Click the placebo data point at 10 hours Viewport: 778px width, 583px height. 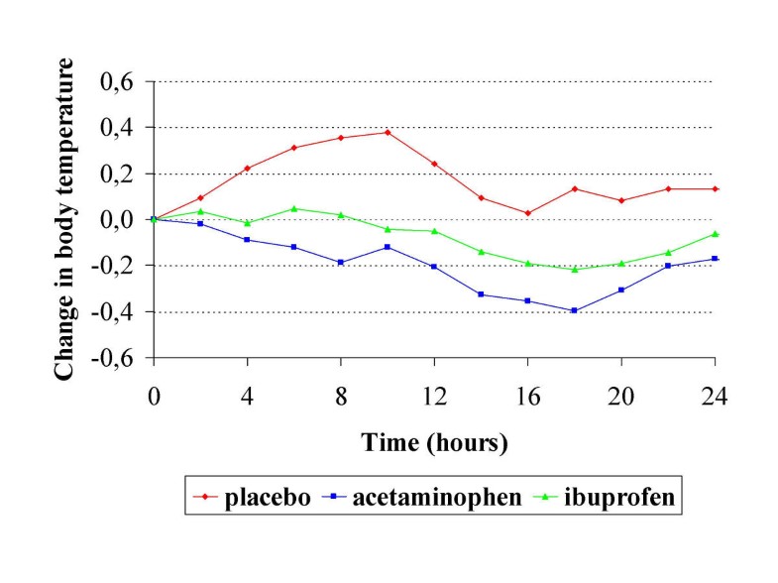tap(388, 132)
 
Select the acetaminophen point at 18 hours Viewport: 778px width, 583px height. tap(575, 310)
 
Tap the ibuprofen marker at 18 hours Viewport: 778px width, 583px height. tap(575, 270)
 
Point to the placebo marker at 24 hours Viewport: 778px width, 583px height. tap(716, 188)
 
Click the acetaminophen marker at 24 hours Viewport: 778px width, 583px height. tap(716, 259)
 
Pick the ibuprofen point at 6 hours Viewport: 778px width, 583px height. tap(294, 208)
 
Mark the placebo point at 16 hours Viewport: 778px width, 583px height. tap(528, 213)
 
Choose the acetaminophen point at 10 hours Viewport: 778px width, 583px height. tap(388, 247)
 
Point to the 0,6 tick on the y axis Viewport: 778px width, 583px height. tap(117, 81)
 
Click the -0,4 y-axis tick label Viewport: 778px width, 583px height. tap(113, 312)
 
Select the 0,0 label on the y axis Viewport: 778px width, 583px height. tap(117, 220)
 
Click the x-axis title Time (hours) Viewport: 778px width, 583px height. tap(434, 443)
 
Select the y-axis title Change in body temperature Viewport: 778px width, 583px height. tap(63, 218)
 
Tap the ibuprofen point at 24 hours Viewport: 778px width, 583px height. tap(716, 234)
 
